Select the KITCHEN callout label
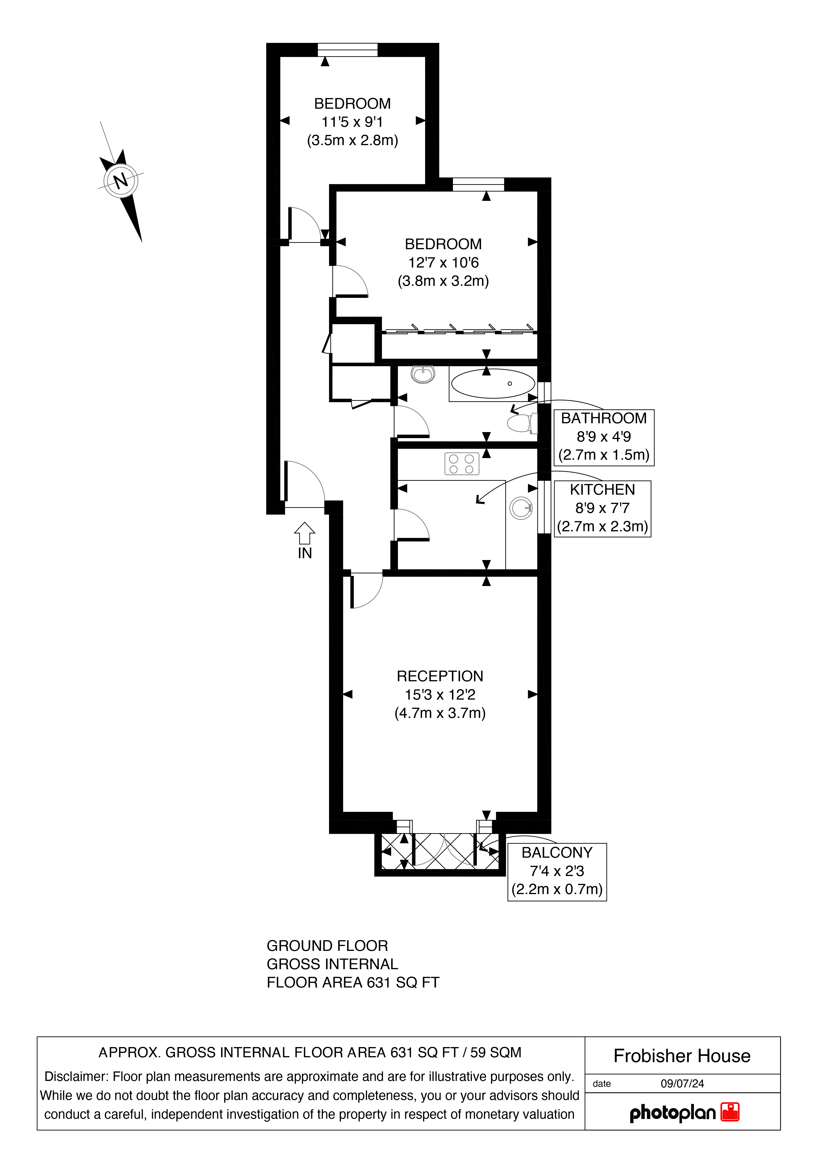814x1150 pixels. [602, 489]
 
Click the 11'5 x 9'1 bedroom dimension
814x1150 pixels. [352, 122]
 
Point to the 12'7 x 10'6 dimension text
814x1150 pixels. [443, 262]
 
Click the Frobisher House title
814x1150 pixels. [682, 1056]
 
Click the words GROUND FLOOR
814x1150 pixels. [327, 946]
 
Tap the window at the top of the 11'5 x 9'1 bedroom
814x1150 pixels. [347, 50]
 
